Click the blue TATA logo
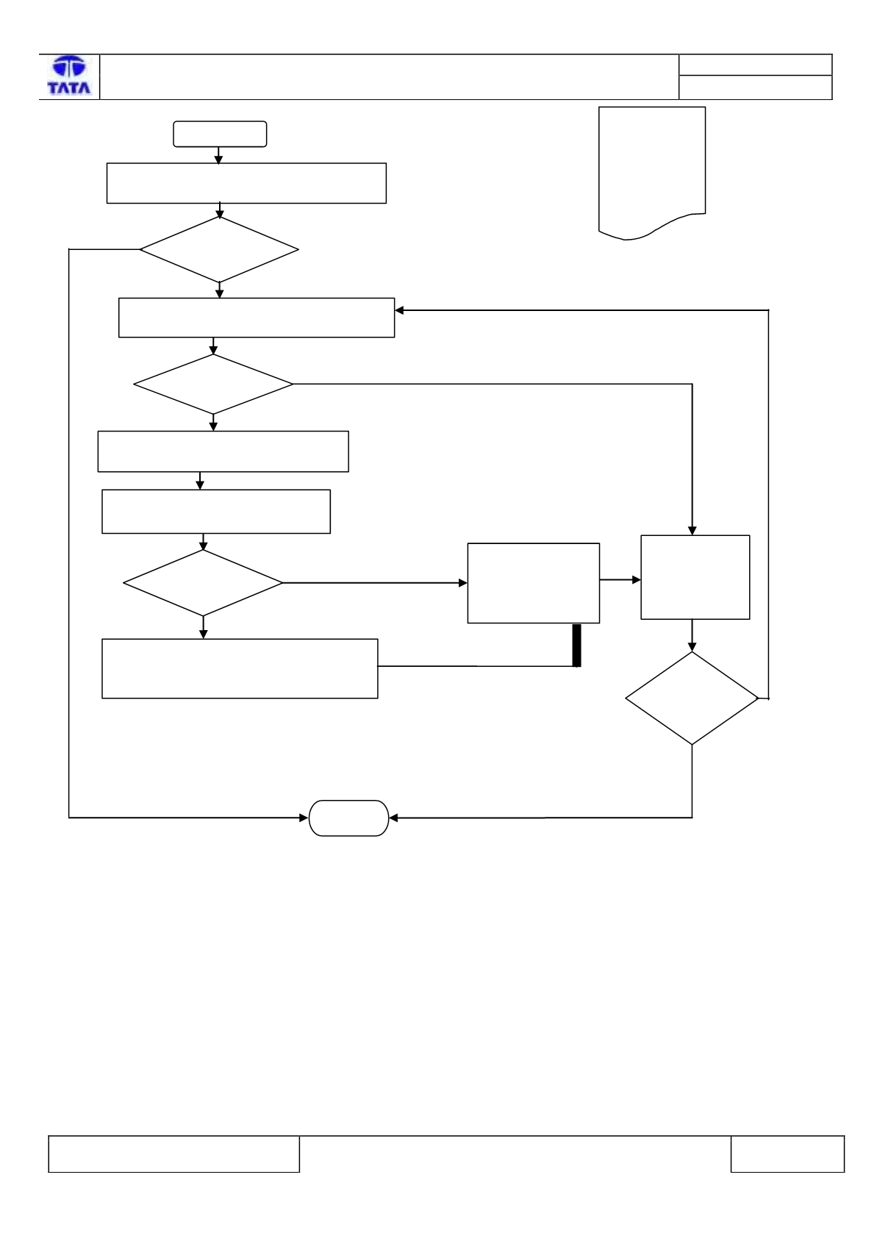69,75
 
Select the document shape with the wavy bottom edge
652,173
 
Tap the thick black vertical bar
577,645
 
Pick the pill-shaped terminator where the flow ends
348,818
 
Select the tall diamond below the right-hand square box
692,698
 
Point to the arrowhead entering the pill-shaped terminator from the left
304,818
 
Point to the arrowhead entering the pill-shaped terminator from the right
393,818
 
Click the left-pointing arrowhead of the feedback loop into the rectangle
399,310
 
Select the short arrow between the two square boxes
620,580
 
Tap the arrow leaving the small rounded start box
218,156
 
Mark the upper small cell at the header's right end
755,65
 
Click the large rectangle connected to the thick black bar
240,668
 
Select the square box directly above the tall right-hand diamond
695,577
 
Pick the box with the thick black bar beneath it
534,583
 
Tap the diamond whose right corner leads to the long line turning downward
213,384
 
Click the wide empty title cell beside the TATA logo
389,77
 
